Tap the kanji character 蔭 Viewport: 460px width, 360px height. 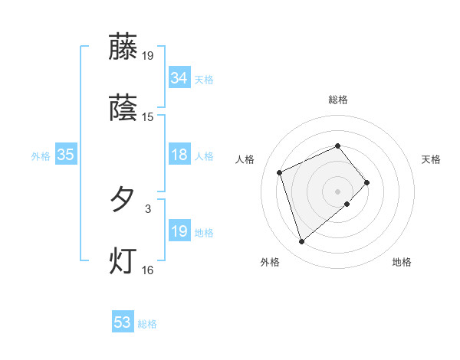coord(123,108)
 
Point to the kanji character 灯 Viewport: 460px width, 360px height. coord(123,260)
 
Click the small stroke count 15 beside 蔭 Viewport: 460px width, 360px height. coord(148,117)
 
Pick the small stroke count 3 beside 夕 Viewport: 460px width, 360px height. coord(148,208)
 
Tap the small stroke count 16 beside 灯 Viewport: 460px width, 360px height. coord(148,270)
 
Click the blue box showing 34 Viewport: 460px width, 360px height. coord(179,78)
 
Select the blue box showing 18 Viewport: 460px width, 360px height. coord(179,155)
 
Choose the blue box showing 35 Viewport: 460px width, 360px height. coord(65,155)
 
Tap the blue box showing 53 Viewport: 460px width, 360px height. coord(123,322)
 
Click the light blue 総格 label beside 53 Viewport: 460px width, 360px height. coord(147,324)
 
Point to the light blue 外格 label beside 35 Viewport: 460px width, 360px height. coord(41,156)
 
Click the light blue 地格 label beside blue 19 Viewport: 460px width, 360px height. coord(204,233)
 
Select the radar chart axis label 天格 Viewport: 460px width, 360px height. coord(431,159)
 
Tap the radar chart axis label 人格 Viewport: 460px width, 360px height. coord(245,159)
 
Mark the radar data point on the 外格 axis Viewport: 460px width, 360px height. coord(301,242)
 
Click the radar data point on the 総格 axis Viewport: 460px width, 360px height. coord(337,146)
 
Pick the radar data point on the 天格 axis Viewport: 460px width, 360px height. coord(368,182)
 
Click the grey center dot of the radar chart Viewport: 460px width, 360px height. coord(337,190)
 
